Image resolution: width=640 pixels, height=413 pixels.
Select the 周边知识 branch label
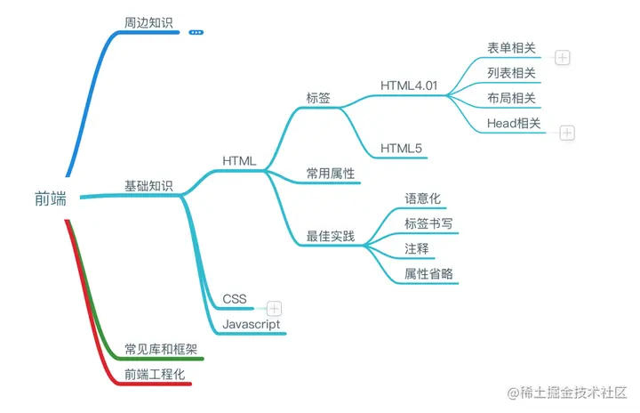pos(149,21)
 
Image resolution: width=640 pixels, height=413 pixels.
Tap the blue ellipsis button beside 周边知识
pos(196,32)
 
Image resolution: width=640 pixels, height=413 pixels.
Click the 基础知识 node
pos(149,186)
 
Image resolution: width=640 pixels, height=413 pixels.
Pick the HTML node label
pos(239,161)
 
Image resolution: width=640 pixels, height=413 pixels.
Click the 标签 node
pos(318,99)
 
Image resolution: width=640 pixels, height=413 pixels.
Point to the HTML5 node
pos(401,148)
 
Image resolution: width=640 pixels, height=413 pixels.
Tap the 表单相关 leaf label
pos(511,48)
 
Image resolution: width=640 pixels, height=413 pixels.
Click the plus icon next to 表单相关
pos(563,58)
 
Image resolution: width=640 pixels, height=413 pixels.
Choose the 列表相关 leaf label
pos(511,73)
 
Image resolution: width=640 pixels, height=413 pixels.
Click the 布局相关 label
pos(511,99)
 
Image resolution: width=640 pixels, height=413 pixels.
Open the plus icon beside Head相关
pos(568,133)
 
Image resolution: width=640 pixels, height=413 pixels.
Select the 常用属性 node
pos(331,174)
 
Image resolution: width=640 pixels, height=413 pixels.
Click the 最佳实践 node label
pos(331,237)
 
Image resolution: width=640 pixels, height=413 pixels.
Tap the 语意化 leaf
pos(422,198)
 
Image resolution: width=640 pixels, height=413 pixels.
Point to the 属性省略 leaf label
pos(428,274)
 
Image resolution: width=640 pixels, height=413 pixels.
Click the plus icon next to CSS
pos(275,308)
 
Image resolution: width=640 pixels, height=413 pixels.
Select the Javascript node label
pos(252,324)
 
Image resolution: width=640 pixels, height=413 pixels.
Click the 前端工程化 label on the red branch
pos(155,375)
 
